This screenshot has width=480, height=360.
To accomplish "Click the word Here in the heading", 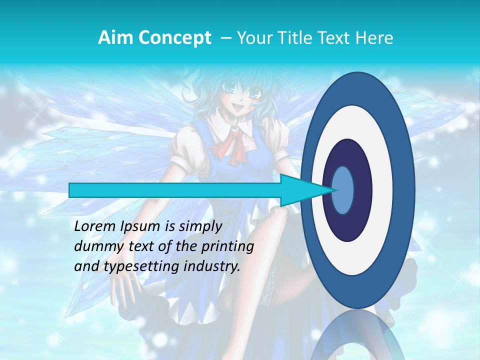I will tap(375, 38).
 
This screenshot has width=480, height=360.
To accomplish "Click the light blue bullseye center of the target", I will tap(343, 190).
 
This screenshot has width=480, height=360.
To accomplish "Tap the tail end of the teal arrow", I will tap(72, 190).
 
